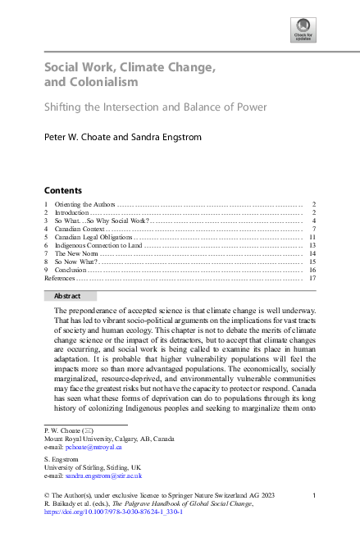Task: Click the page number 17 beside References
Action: coord(312,278)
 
